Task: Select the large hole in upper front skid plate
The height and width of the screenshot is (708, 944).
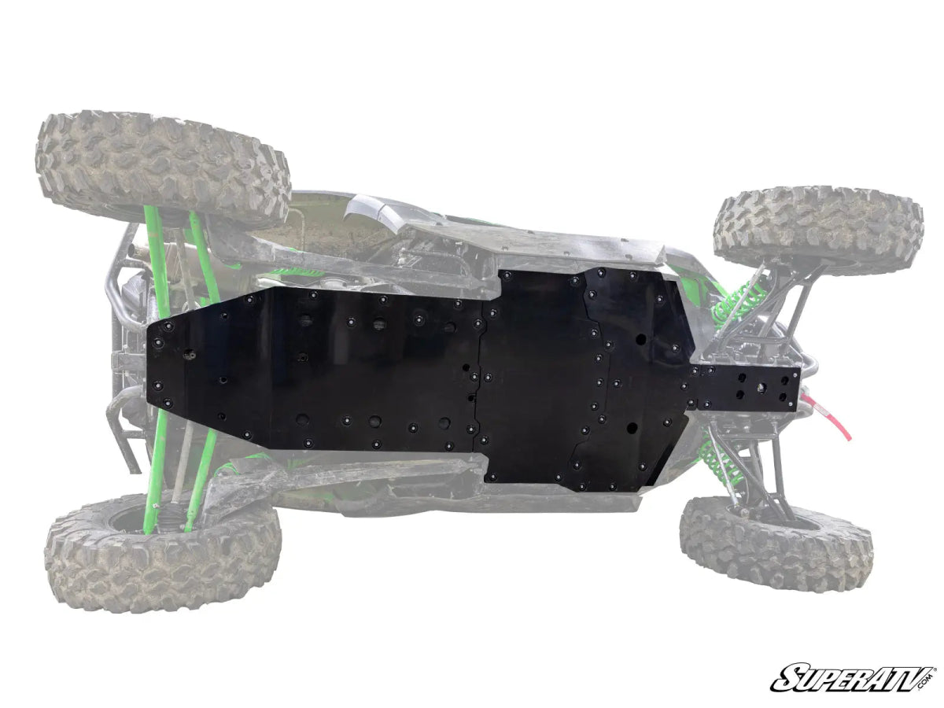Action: pos(642,339)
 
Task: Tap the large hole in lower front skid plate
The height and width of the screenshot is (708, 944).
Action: pos(632,428)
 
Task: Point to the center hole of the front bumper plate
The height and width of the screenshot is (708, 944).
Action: pos(761,388)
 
